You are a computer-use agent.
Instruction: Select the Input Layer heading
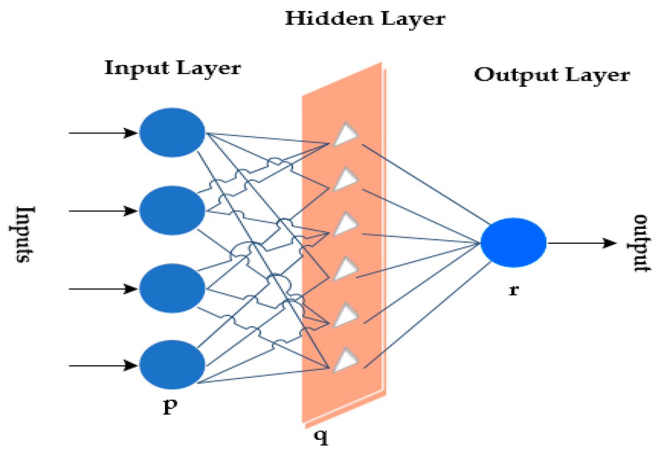coord(172,69)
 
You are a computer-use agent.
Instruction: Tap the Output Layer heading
coord(552,75)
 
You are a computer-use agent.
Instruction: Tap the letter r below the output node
coord(513,289)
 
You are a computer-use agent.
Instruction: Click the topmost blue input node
coord(172,133)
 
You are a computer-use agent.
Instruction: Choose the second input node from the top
coord(172,210)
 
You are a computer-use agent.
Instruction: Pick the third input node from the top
coord(172,288)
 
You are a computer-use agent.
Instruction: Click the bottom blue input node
coord(172,365)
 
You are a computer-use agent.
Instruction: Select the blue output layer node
coord(513,243)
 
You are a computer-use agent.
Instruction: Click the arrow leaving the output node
coord(581,243)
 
